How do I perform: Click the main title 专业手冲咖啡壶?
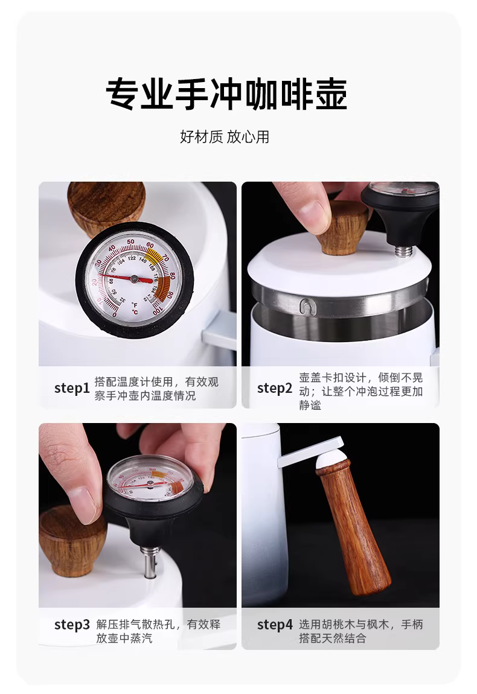[x=226, y=94]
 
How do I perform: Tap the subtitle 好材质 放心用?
[x=225, y=137]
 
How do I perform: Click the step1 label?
[x=72, y=388]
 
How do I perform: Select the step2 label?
[x=275, y=388]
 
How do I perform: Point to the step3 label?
[x=72, y=625]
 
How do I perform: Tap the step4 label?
[x=275, y=625]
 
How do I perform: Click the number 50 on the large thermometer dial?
[x=130, y=241]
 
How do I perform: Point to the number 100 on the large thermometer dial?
[x=157, y=310]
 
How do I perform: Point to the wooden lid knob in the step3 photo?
[x=73, y=540]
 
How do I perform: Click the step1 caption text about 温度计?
[x=156, y=388]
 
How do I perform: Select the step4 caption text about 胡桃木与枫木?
[x=361, y=631]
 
